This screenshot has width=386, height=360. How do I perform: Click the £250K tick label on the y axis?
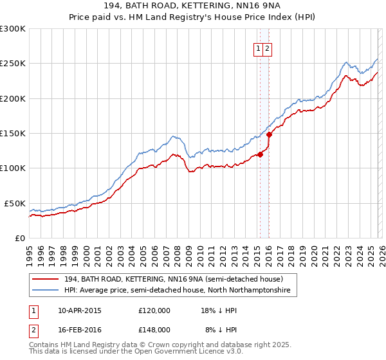13,64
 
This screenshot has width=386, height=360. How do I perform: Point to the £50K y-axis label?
15,203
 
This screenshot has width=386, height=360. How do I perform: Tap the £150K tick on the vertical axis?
13,133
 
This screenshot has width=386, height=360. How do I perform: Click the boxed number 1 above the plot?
259,48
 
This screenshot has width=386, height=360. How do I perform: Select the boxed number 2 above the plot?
267,48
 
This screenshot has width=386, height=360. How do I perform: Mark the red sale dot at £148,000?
269,135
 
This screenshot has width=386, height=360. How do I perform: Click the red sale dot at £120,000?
260,154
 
